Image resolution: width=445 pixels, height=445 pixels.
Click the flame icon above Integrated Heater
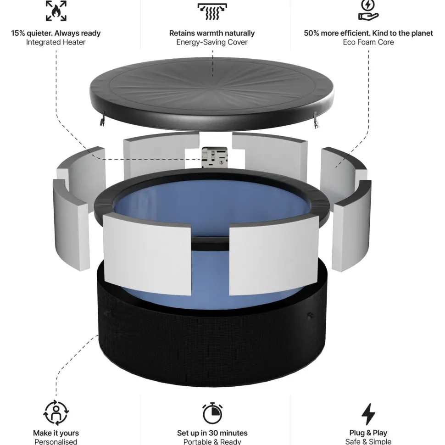(56, 11)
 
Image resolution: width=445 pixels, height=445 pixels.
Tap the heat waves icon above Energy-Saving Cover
(212, 11)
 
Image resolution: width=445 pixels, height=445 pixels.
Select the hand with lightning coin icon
(368, 10)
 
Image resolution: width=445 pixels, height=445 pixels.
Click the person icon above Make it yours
(56, 412)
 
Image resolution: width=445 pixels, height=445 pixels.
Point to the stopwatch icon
(212, 413)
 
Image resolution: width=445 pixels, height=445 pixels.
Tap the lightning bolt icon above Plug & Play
(368, 414)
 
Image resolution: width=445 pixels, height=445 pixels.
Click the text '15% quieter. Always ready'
(56, 33)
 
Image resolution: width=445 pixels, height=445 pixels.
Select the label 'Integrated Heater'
(56, 42)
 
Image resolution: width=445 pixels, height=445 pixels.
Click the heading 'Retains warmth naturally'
(212, 33)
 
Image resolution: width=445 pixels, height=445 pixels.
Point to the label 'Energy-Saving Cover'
(212, 42)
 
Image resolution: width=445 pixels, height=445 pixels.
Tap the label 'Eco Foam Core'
(368, 42)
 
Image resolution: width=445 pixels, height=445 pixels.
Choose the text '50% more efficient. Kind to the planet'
(368, 33)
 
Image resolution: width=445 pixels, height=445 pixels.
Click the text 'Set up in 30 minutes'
(212, 433)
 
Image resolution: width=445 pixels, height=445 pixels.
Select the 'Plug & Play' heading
(368, 433)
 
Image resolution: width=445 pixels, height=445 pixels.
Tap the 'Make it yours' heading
(56, 433)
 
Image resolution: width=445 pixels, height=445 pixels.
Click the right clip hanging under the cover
(316, 120)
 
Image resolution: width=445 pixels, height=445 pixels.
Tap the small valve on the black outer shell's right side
(311, 315)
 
